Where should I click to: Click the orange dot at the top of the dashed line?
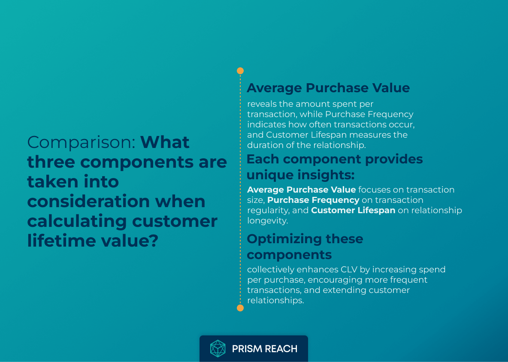click(x=240, y=71)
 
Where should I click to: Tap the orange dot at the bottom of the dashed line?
click(x=240, y=308)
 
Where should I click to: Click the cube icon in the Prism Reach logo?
click(x=218, y=349)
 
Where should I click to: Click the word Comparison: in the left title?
click(x=81, y=142)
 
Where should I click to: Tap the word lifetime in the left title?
click(x=62, y=241)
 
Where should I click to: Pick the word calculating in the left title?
click(x=77, y=221)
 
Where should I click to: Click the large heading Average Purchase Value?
click(x=328, y=88)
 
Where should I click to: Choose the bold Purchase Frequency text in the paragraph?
click(x=313, y=200)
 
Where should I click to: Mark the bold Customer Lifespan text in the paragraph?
click(x=353, y=210)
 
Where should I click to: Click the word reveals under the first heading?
click(x=262, y=104)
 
